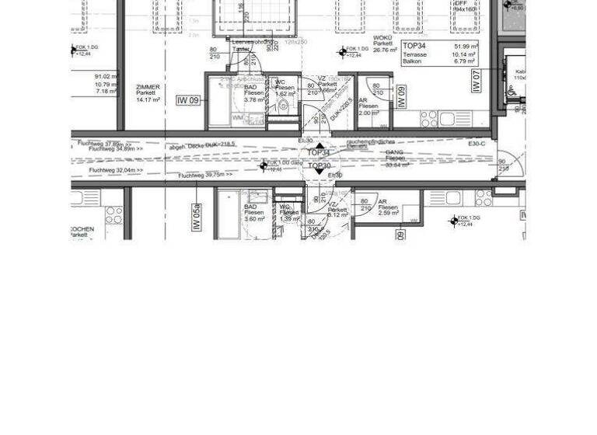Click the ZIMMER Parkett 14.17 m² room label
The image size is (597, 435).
point(148,93)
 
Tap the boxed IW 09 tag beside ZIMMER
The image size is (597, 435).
point(187,100)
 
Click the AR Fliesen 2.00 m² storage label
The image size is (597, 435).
point(368,106)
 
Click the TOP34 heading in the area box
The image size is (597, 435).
point(414,47)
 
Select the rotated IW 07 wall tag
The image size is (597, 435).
point(477,81)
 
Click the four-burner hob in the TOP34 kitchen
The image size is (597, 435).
point(429,119)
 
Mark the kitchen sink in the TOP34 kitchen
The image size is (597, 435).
point(455,119)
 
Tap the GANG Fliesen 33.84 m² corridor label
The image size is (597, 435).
point(396,158)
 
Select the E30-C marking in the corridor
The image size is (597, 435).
point(477,144)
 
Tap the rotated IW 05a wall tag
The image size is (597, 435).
point(196,217)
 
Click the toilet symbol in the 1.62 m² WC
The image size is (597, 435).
point(283,106)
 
